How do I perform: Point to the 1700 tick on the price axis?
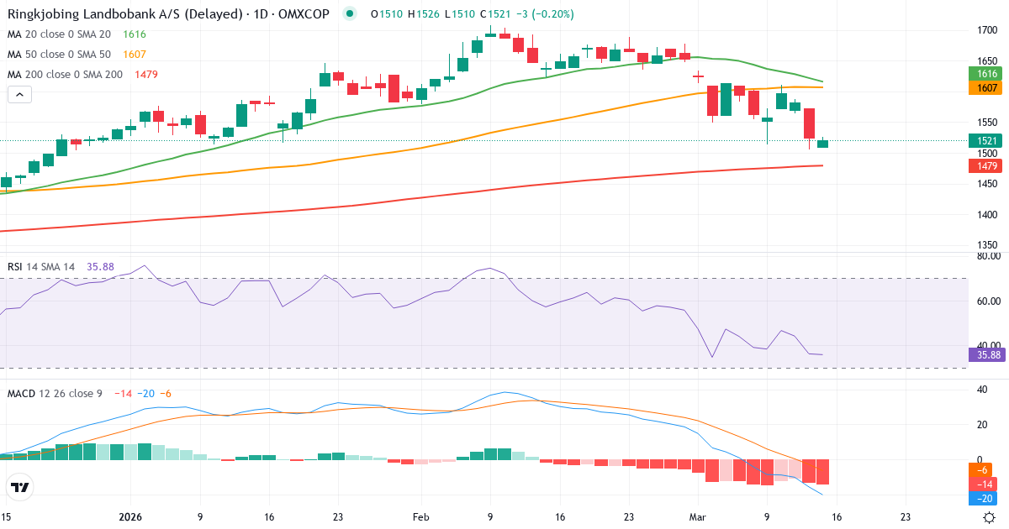(989, 31)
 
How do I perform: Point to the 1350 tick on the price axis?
(989, 245)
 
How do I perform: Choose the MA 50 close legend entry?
(60, 54)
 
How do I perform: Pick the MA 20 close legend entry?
(60, 34)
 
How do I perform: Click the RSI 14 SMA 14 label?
(41, 267)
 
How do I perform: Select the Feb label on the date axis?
(421, 518)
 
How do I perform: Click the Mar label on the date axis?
(698, 518)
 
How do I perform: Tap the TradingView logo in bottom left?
(20, 487)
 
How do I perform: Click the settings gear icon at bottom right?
(990, 518)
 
